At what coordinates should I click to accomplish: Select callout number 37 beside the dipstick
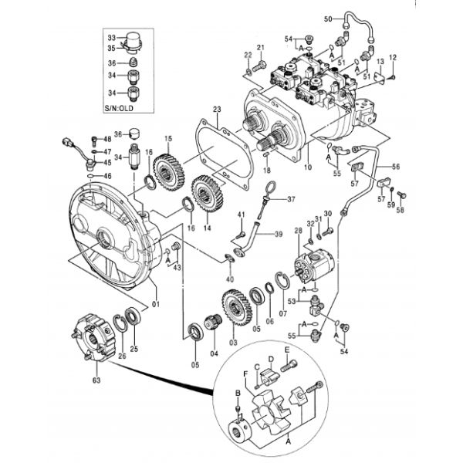tap(291, 199)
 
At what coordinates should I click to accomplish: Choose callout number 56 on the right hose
tap(391, 59)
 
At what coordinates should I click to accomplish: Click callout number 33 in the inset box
tap(110, 37)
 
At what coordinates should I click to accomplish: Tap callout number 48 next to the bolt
tap(106, 139)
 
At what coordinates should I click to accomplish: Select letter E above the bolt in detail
tap(287, 350)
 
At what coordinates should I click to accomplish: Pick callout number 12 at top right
tap(391, 59)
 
